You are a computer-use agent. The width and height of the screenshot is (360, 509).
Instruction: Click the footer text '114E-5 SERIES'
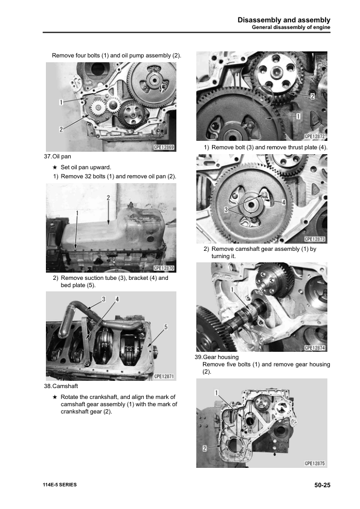point(60,485)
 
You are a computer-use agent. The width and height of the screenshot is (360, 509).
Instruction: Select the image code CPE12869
point(161,147)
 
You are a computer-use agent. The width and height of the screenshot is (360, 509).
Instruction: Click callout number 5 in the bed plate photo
point(166,326)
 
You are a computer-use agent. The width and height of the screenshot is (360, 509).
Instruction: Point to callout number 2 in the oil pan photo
point(108,198)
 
